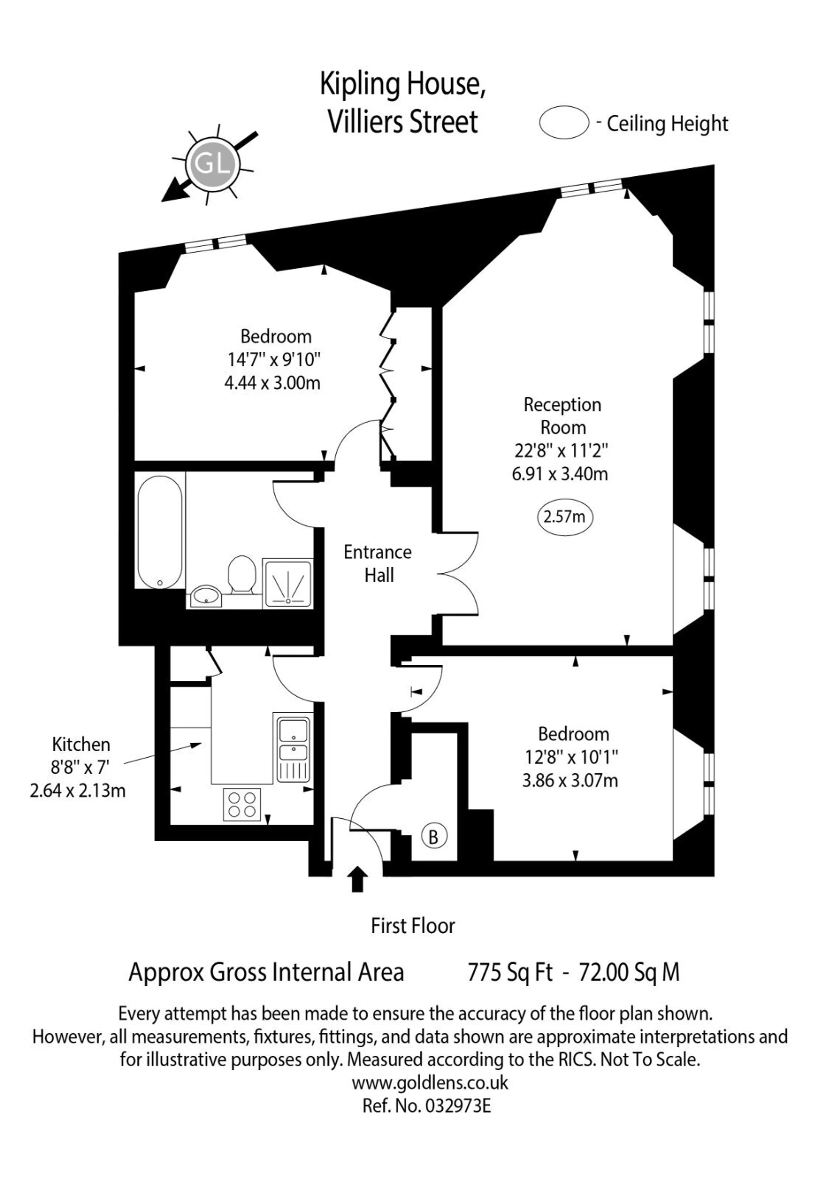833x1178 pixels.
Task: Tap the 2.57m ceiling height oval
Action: point(564,517)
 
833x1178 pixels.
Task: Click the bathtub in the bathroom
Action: point(160,532)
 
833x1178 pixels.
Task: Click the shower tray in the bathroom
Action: point(288,584)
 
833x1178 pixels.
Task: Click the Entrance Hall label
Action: point(378,563)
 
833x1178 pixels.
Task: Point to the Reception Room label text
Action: point(563,416)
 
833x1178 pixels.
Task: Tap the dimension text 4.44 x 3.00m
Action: point(273,383)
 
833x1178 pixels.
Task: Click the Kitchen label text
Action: point(81,745)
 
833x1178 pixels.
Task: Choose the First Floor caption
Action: point(413,926)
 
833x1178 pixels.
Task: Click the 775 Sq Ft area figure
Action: point(510,972)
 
